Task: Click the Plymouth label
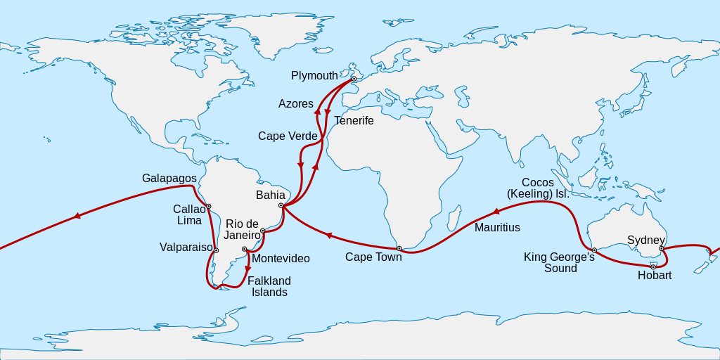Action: [314, 76]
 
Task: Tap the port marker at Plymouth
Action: [354, 79]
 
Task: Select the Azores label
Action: [296, 104]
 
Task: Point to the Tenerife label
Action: [354, 121]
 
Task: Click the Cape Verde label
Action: [288, 136]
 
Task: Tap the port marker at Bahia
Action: [281, 205]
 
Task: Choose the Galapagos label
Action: [169, 179]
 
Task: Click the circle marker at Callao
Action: [209, 206]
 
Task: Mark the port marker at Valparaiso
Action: [216, 250]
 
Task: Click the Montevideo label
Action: [281, 259]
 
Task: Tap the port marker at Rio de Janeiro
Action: [262, 231]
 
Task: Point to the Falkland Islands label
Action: [269, 286]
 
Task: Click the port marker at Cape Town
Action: [399, 248]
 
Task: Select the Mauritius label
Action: [497, 228]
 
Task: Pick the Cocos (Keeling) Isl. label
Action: [538, 188]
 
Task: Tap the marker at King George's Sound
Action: [594, 250]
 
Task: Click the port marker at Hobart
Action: [653, 266]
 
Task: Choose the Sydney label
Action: [646, 240]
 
